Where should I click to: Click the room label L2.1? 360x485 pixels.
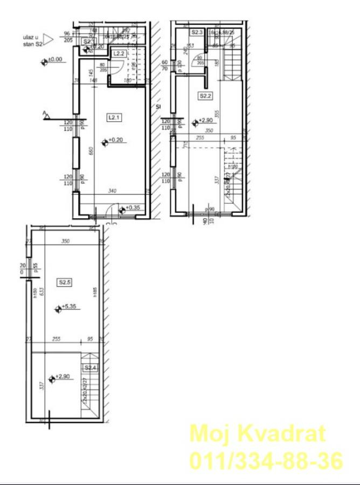click(x=113, y=116)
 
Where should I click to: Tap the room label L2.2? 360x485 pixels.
click(x=119, y=53)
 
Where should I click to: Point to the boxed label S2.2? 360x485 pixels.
click(x=205, y=96)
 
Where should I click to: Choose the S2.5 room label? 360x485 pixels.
click(x=65, y=281)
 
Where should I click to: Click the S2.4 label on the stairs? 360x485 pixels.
click(x=91, y=368)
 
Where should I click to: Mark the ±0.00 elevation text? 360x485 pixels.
click(x=55, y=60)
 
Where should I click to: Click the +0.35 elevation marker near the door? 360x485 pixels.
click(x=132, y=207)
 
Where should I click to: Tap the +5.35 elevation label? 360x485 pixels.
click(x=70, y=307)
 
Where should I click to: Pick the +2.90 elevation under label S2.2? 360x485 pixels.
click(x=206, y=121)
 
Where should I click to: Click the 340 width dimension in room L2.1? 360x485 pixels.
click(x=112, y=190)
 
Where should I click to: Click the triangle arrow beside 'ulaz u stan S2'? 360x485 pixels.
click(x=49, y=39)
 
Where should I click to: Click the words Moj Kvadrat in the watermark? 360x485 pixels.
click(x=258, y=433)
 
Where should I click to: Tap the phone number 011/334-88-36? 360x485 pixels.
click(x=266, y=461)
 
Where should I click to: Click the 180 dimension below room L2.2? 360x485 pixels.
click(x=128, y=80)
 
